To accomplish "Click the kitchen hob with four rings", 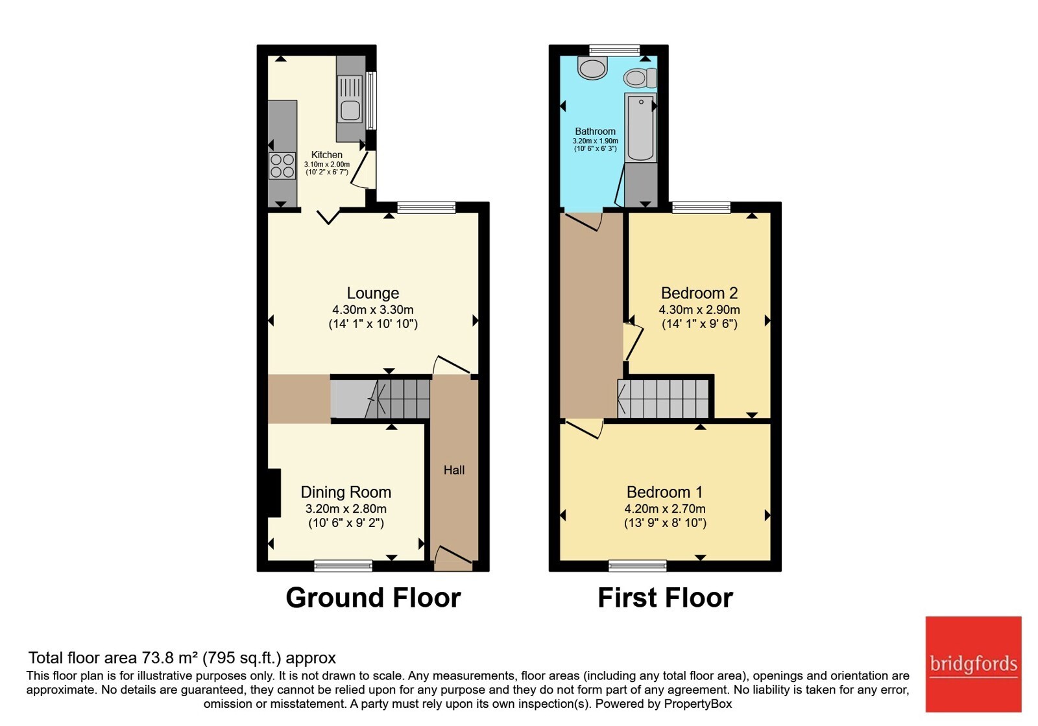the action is coord(282,166).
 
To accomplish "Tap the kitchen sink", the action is coord(350,100).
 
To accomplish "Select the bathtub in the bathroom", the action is coord(640,127).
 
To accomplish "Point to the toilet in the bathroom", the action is coord(640,78).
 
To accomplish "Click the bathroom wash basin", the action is coord(593,69).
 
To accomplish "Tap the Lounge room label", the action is coord(373,293).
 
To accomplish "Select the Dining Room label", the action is coord(346,492).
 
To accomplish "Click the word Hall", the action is coord(454,470).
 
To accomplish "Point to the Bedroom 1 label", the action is coord(665,492).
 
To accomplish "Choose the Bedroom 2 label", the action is coord(699,293).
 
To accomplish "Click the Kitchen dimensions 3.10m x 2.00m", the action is coord(327,165).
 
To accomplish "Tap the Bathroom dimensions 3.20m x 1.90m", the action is coord(596,141).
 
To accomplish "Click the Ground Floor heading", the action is coord(373,598).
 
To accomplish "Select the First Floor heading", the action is coord(666,598).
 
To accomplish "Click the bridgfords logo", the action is coord(974,664).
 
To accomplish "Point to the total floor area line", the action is coord(182,658).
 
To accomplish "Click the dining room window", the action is coord(343,565).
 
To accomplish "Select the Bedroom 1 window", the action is coord(638,565).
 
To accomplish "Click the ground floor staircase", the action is coord(380,399).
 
